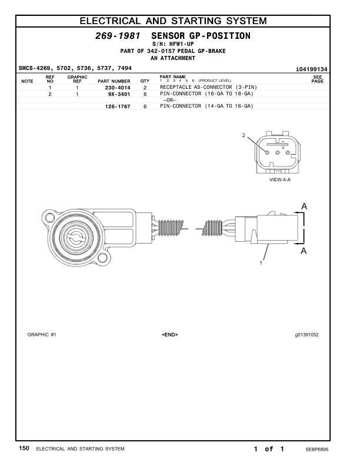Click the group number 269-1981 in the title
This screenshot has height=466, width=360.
pyautogui.click(x=118, y=36)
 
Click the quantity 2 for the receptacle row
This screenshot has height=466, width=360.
pyautogui.click(x=145, y=88)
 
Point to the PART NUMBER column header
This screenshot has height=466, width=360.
pyautogui.click(x=114, y=81)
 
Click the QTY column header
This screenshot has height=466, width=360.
pyautogui.click(x=145, y=81)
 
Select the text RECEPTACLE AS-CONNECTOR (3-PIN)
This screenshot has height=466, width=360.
pyautogui.click(x=208, y=87)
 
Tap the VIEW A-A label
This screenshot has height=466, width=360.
pyautogui.click(x=279, y=179)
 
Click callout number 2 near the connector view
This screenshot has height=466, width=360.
pyautogui.click(x=244, y=135)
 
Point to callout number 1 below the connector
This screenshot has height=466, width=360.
pyautogui.click(x=261, y=264)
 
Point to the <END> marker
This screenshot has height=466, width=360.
pyautogui.click(x=169, y=334)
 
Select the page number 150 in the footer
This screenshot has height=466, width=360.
pyautogui.click(x=24, y=448)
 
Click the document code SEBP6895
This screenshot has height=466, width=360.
pyautogui.click(x=316, y=449)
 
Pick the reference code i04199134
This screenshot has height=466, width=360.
pyautogui.click(x=312, y=69)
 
